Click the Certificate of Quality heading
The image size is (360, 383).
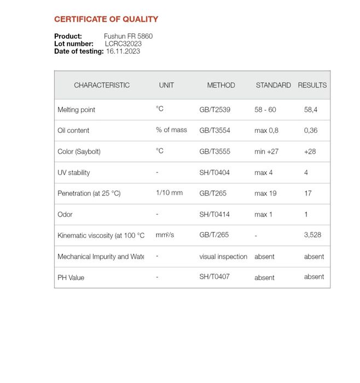tap(106, 19)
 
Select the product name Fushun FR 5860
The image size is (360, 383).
tap(129, 36)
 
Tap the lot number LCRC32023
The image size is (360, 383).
tap(123, 44)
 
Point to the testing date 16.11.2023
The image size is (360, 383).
tap(123, 51)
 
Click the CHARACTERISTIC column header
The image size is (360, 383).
tap(102, 85)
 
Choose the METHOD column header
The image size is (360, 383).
tap(221, 85)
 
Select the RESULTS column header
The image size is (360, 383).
tap(312, 85)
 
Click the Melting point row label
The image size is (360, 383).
tap(77, 110)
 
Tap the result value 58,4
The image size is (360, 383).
tap(311, 110)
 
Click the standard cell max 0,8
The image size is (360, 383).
tap(266, 131)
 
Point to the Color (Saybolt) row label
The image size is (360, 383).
tap(79, 152)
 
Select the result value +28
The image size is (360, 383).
tap(310, 152)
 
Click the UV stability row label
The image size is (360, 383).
tap(74, 173)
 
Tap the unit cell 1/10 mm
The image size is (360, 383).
tap(170, 193)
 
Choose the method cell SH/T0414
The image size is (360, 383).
tap(214, 214)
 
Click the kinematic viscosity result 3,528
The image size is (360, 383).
tap(313, 235)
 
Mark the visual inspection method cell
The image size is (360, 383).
tap(223, 257)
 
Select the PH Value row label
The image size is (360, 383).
tap(71, 277)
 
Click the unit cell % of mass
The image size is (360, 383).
tap(171, 130)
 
